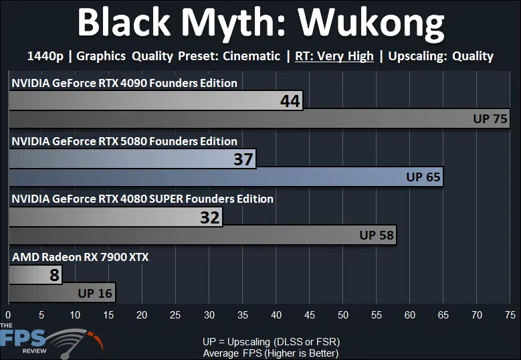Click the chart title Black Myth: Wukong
[x=261, y=23]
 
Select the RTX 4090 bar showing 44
[x=156, y=100]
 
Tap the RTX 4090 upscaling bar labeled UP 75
[x=259, y=118]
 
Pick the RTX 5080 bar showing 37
[x=132, y=159]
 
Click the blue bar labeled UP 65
[x=226, y=177]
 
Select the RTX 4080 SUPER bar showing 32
[x=116, y=217]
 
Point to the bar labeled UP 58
[x=203, y=235]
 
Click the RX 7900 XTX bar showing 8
[x=35, y=275]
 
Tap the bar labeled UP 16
[x=62, y=293]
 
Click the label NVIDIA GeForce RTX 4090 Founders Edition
[x=124, y=83]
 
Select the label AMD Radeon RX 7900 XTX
[x=80, y=257]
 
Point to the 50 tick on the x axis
[x=343, y=314]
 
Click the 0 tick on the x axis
[x=8, y=314]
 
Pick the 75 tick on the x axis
[x=510, y=314]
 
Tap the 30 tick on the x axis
[x=209, y=314]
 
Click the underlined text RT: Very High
[x=334, y=56]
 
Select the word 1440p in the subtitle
[x=45, y=56]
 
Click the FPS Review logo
[x=51, y=342]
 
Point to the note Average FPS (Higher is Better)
[x=270, y=353]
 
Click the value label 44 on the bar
[x=290, y=101]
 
